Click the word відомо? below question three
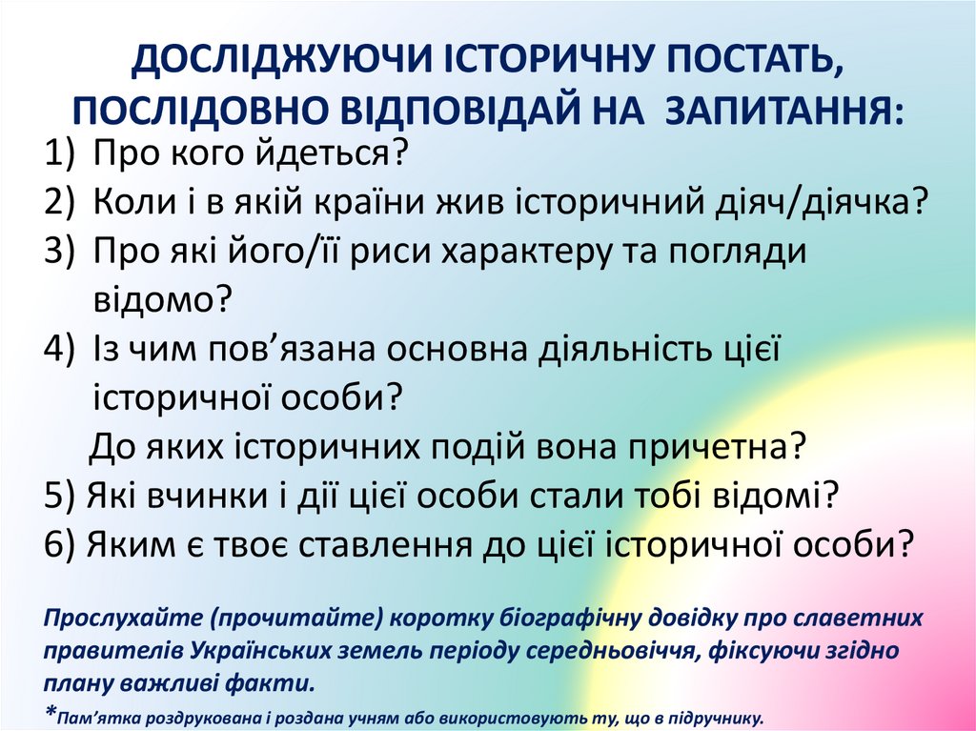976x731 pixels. (x=163, y=299)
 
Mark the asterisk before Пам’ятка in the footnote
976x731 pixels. (x=51, y=713)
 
